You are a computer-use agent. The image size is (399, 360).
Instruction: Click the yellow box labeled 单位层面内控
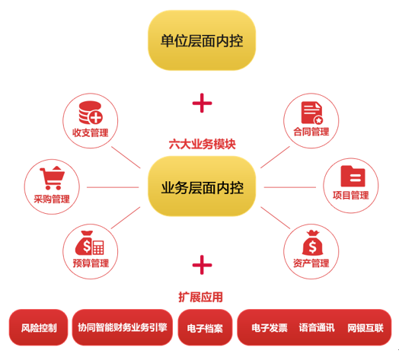pyautogui.click(x=202, y=40)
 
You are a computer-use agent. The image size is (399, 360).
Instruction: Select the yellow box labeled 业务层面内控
pyautogui.click(x=202, y=186)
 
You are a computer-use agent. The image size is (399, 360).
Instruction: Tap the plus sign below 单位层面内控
pyautogui.click(x=202, y=103)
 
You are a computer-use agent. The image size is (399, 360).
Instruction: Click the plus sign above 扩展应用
pyautogui.click(x=202, y=265)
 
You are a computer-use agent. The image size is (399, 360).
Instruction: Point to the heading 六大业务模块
pyautogui.click(x=202, y=145)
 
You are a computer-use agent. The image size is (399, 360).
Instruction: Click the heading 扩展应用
pyautogui.click(x=200, y=297)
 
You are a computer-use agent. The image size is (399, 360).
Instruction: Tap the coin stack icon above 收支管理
pyautogui.click(x=91, y=113)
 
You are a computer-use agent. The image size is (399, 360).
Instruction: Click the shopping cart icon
pyautogui.click(x=53, y=178)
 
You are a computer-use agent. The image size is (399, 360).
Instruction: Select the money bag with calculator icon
pyautogui.click(x=90, y=243)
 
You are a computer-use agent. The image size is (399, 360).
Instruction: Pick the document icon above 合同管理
pyautogui.click(x=312, y=113)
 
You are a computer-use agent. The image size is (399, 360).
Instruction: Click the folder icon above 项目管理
pyautogui.click(x=353, y=176)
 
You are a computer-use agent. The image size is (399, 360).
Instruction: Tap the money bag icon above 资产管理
pyautogui.click(x=312, y=243)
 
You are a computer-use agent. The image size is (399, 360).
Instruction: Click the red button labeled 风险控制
pyautogui.click(x=38, y=327)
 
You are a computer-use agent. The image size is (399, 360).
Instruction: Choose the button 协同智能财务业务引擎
pyautogui.click(x=123, y=327)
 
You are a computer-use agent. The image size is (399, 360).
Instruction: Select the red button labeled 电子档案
pyautogui.click(x=205, y=327)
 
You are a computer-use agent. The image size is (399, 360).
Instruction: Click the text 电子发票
pyautogui.click(x=270, y=328)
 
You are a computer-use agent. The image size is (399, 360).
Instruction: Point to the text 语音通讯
pyautogui.click(x=317, y=328)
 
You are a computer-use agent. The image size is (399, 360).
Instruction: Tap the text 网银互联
pyautogui.click(x=365, y=328)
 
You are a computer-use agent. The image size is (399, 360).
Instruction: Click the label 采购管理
pyautogui.click(x=52, y=199)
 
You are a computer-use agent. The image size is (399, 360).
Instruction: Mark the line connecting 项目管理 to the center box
pyautogui.click(x=290, y=187)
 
